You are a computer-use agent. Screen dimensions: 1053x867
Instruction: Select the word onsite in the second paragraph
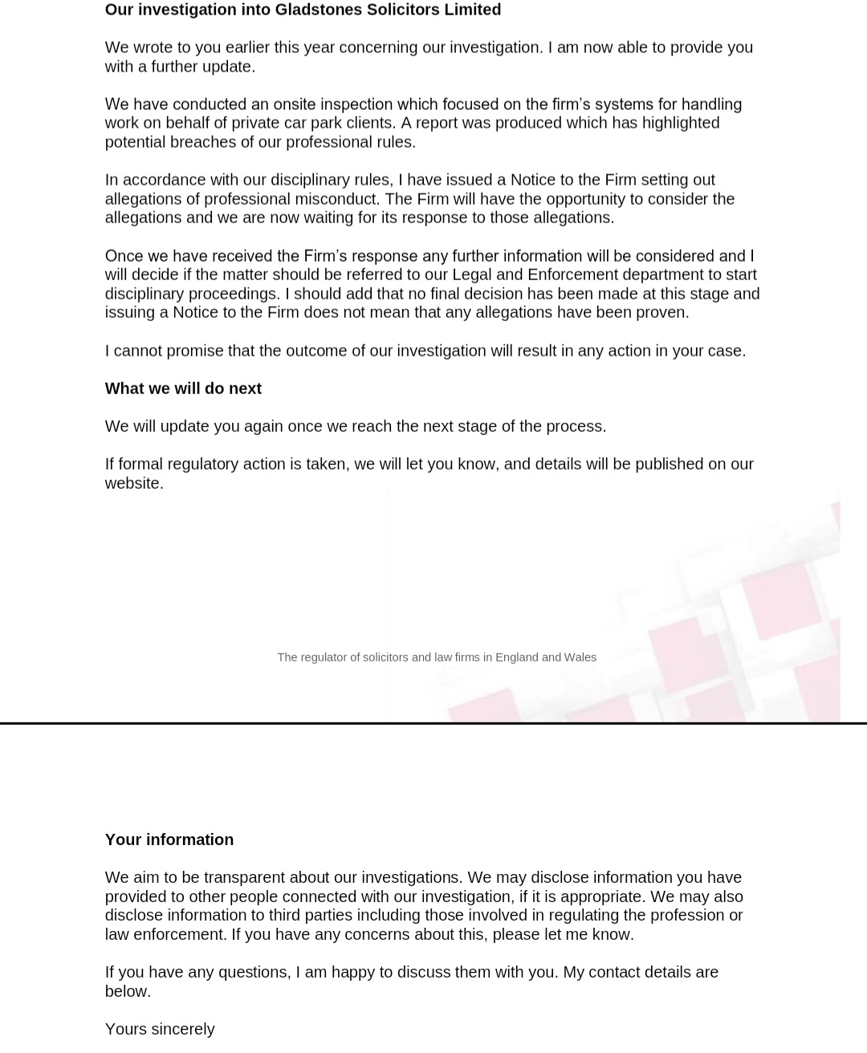pos(295,104)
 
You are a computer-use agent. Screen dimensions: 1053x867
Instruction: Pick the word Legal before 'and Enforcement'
pos(471,274)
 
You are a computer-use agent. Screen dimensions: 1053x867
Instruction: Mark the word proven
pos(662,312)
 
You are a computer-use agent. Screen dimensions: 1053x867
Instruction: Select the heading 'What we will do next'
pos(183,388)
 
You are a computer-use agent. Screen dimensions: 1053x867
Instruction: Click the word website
pos(133,483)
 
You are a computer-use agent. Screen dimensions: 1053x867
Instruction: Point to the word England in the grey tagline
pos(516,657)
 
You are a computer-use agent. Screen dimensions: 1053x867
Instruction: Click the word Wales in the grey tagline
pos(580,657)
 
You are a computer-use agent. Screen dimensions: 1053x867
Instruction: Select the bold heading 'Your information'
pos(169,840)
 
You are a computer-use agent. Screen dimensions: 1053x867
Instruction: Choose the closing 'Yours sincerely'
pos(160,1029)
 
